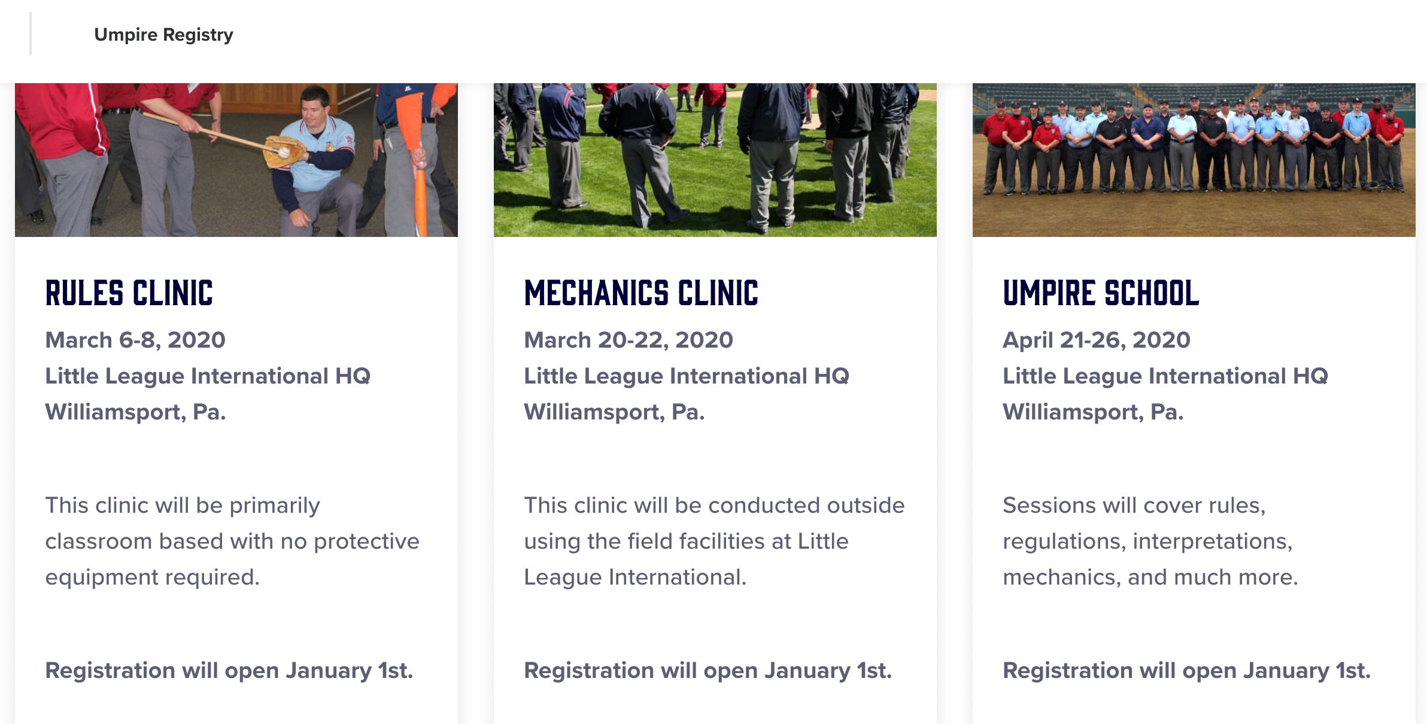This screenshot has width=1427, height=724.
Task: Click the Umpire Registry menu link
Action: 163,35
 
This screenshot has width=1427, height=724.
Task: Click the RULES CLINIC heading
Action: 129,293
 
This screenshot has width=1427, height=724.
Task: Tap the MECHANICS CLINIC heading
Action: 641,293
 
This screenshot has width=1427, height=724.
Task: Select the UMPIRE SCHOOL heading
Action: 1101,293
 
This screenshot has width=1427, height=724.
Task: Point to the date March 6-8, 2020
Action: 135,340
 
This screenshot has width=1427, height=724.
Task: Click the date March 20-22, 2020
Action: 629,340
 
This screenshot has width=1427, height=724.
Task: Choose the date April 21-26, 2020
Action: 1097,340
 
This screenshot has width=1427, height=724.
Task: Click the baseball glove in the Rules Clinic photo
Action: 284,152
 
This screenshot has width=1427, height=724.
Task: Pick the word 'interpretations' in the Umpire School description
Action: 1213,542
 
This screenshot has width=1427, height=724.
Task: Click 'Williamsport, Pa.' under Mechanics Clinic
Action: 614,412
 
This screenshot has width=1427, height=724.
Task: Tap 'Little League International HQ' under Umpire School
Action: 1165,376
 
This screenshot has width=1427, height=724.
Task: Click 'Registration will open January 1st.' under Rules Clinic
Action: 229,671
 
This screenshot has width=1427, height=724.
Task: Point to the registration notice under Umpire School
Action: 1187,671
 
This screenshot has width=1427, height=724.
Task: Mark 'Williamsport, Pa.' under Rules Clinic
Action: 135,412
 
